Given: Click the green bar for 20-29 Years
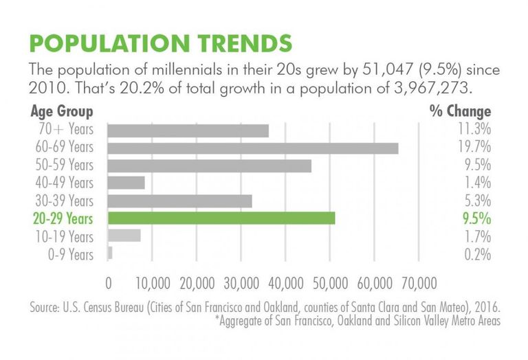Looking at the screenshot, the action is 221,218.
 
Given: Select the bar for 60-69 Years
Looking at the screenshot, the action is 253,148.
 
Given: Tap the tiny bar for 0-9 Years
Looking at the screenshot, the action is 110,253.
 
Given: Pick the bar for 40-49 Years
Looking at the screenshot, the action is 126,183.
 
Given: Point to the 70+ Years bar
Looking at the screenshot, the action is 188,131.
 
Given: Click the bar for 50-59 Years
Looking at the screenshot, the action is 210,166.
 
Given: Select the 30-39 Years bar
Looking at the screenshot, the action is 180,201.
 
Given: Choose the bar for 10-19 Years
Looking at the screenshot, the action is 124,236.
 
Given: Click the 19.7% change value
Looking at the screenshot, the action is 474,147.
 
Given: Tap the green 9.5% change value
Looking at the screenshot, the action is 477,218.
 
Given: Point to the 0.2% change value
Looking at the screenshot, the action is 478,254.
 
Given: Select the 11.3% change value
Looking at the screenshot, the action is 474,129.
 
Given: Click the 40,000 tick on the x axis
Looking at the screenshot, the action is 286,284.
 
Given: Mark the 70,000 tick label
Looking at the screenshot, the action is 419,284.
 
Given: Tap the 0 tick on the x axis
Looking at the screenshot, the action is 109,284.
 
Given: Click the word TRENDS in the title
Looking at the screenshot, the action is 245,43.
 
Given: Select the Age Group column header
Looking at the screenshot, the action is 62,112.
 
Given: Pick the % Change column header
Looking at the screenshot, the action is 460,111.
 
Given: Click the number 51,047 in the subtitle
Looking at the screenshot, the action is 387,69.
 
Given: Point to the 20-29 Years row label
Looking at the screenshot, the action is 63,218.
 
